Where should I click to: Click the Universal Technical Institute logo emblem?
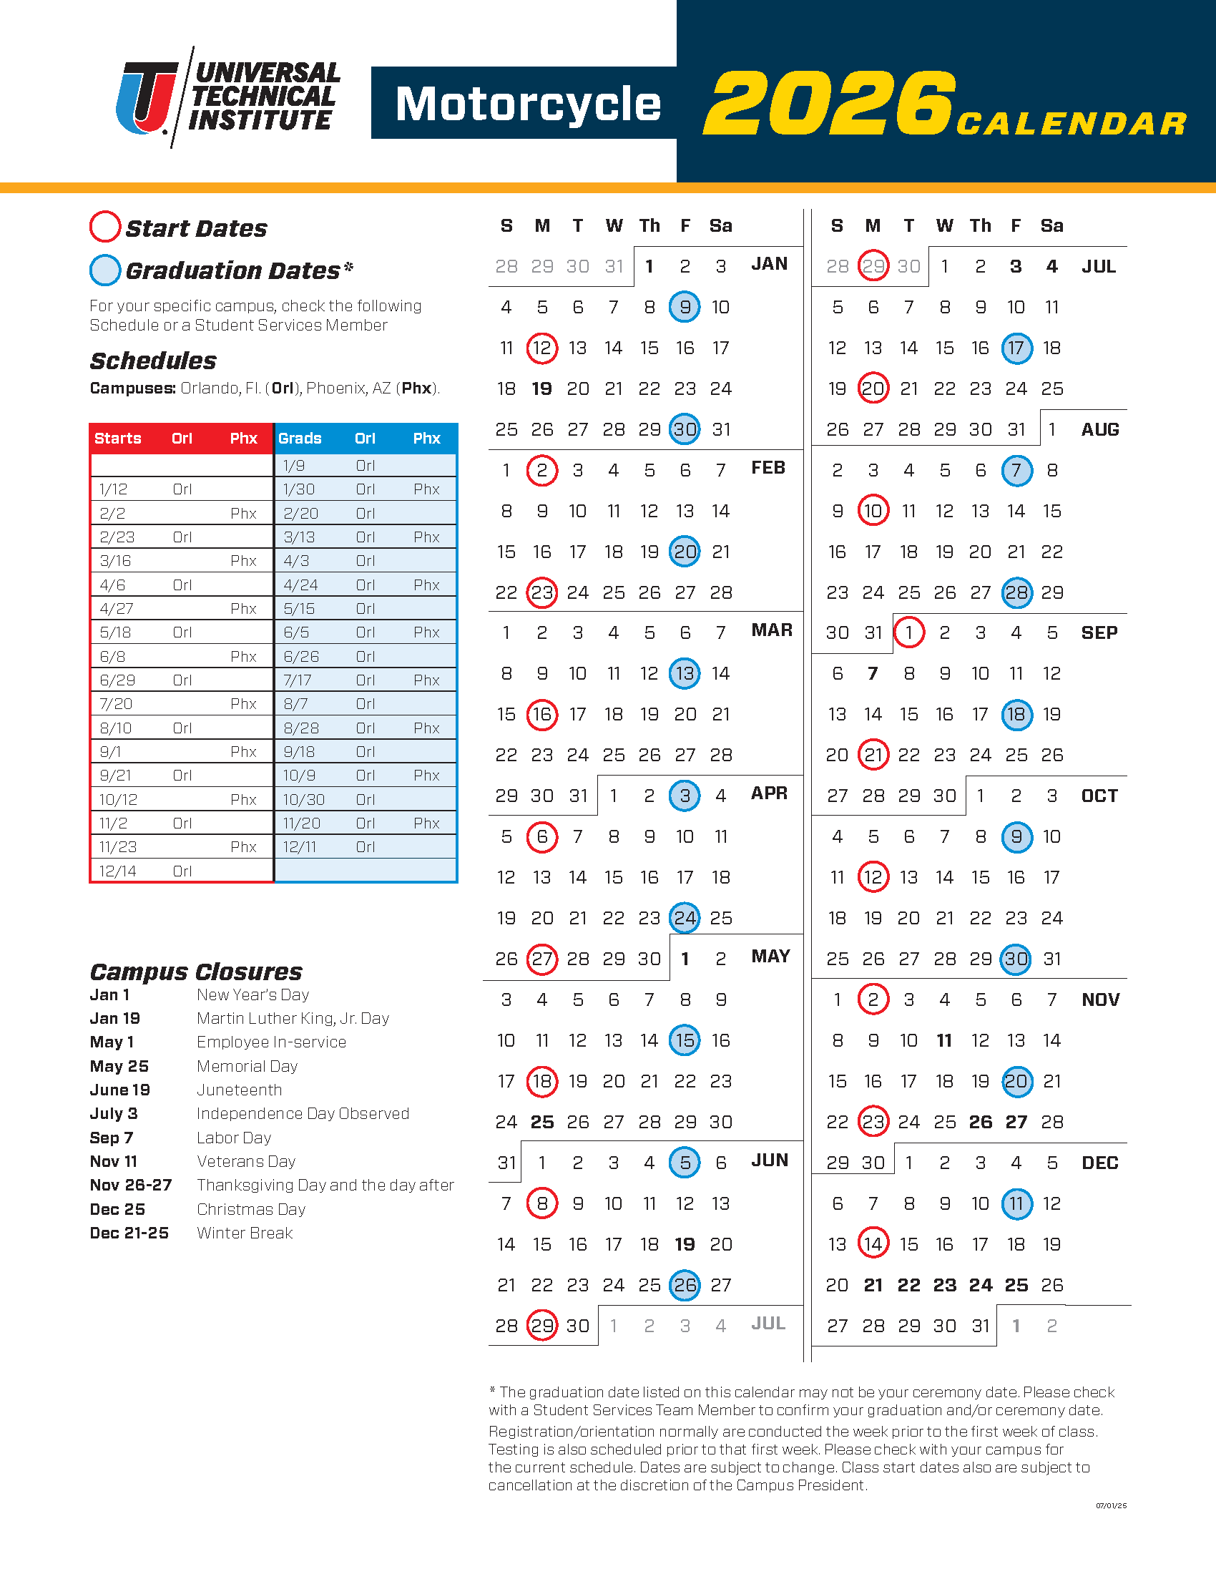coord(147,97)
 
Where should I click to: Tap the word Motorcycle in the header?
coord(528,104)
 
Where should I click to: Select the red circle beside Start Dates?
coord(104,226)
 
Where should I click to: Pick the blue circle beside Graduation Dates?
coord(104,270)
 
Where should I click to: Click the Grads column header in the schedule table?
coord(300,438)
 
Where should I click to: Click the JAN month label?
coord(769,264)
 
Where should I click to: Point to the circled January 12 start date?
coord(541,348)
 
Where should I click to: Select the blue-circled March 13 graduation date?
coord(685,674)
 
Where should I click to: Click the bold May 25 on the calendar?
coord(541,1122)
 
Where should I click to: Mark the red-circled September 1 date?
coord(908,632)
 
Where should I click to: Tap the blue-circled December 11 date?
coord(1016,1203)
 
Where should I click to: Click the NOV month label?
coord(1100,999)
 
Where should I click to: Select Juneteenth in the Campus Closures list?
coord(239,1090)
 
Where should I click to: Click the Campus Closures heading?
coord(196,972)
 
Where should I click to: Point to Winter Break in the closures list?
coord(245,1233)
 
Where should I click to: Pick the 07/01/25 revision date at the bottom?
coord(1111,1505)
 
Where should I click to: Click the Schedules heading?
coord(153,361)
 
